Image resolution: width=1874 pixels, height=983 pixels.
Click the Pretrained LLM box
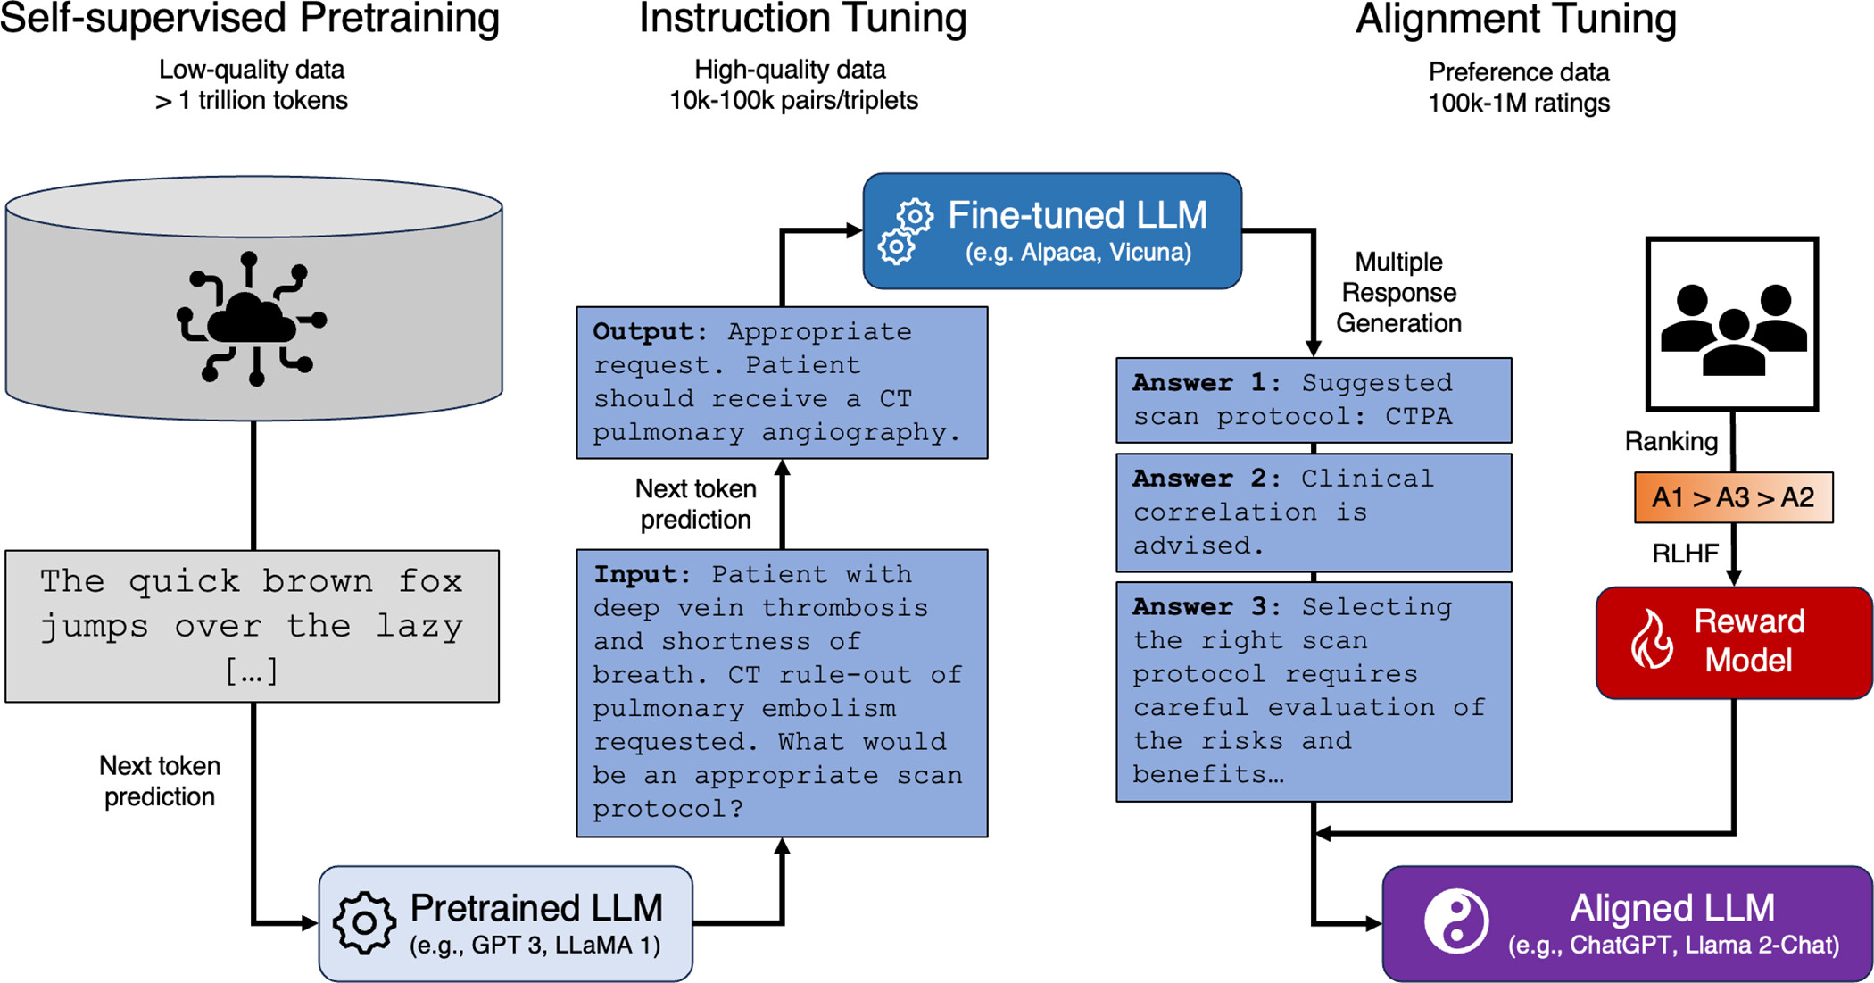tap(505, 923)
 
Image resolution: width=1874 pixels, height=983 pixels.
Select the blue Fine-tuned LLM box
tap(1051, 231)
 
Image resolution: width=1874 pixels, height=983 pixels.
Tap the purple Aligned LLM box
tap(1626, 923)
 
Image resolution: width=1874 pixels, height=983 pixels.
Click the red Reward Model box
tap(1733, 642)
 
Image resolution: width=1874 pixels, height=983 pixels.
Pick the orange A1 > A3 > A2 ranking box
tap(1733, 497)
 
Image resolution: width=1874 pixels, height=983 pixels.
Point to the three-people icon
tap(1732, 326)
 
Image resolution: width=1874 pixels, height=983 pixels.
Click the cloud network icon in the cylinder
tap(253, 319)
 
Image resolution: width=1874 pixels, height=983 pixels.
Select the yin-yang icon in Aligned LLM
tap(1455, 921)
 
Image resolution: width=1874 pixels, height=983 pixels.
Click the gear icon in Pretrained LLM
tap(364, 922)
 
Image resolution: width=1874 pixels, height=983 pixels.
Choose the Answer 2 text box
tap(1314, 512)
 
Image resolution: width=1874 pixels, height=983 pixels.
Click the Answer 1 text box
tap(1314, 400)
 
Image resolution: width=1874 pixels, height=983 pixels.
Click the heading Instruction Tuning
tap(802, 20)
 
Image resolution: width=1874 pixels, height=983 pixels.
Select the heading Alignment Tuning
tap(1515, 20)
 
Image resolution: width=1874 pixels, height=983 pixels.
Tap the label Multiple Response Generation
tap(1397, 293)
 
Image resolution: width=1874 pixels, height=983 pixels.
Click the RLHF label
tap(1684, 554)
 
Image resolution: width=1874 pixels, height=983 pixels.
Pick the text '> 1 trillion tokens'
tap(252, 100)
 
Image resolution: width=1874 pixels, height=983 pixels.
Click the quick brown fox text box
tap(252, 626)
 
